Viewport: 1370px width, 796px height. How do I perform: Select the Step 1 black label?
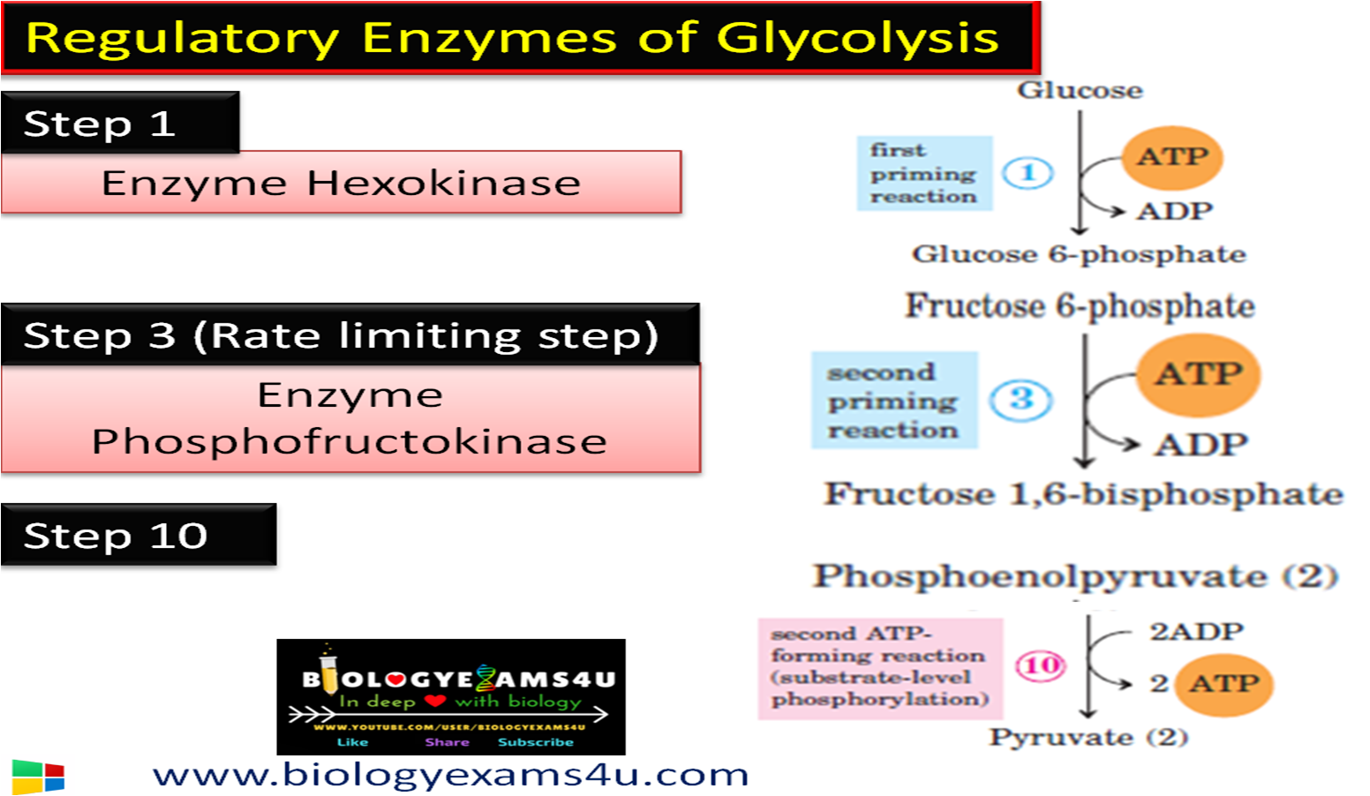click(x=119, y=123)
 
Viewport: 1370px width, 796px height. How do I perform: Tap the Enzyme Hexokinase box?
click(x=341, y=183)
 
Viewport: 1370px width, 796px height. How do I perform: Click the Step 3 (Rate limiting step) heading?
click(x=341, y=335)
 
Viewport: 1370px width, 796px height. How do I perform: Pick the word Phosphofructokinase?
click(x=350, y=441)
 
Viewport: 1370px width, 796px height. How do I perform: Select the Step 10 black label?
click(x=138, y=535)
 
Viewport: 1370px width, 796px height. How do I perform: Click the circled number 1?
click(x=1027, y=173)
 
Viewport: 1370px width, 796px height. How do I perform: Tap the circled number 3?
click(x=1020, y=399)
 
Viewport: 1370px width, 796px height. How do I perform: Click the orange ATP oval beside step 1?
click(x=1172, y=157)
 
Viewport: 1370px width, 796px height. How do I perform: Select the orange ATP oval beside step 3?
click(x=1199, y=374)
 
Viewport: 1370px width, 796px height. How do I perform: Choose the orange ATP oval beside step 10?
click(x=1224, y=684)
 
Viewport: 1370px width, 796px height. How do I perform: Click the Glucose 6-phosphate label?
click(x=1079, y=254)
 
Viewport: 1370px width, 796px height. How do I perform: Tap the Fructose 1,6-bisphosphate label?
click(x=1083, y=494)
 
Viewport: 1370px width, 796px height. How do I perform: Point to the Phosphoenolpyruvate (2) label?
click(x=1075, y=576)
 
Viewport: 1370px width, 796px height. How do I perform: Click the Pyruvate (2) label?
click(x=1088, y=737)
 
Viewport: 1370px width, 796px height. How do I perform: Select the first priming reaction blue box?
click(x=924, y=173)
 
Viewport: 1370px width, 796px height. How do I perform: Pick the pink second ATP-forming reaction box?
click(x=880, y=668)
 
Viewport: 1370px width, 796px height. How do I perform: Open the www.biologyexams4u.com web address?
click(x=450, y=774)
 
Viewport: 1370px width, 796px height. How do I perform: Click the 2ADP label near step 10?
click(x=1196, y=632)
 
